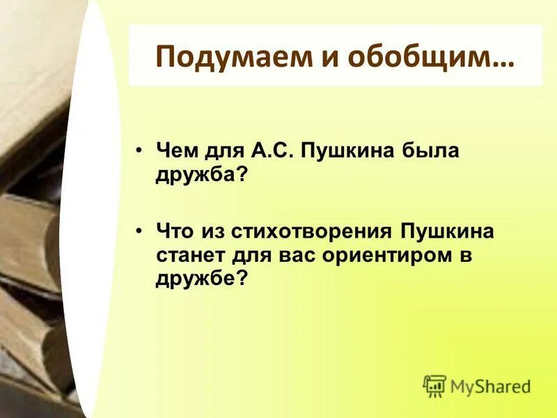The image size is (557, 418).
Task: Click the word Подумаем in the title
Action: (x=221, y=56)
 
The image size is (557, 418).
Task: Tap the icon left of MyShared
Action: (x=434, y=385)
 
